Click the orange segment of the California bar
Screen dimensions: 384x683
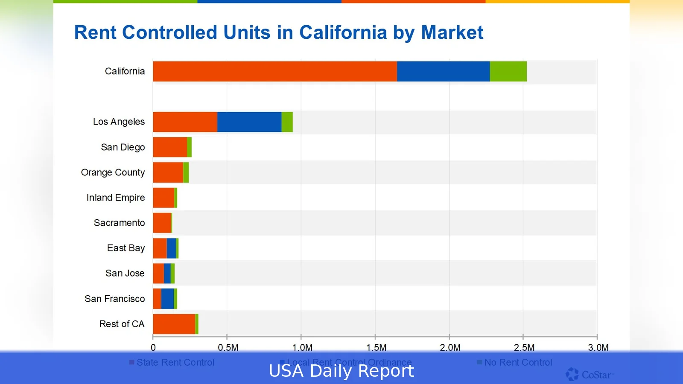point(274,71)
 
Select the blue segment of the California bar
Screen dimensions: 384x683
point(443,71)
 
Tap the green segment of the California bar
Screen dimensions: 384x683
point(508,71)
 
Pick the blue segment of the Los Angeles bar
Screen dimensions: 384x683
point(249,122)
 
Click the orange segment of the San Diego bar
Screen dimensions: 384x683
point(169,147)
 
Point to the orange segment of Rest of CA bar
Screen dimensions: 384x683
point(174,324)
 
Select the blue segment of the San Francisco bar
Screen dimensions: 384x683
point(167,299)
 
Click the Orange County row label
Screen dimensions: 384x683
point(113,172)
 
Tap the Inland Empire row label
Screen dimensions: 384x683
point(115,198)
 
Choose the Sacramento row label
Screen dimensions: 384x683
point(119,223)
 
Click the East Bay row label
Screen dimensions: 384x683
point(126,248)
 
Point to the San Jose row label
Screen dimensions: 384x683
point(125,273)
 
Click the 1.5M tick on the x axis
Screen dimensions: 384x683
point(376,347)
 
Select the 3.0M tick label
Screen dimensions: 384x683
point(598,347)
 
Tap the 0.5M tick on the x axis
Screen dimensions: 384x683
point(228,347)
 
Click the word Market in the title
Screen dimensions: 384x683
point(452,32)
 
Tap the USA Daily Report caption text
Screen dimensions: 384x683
point(341,371)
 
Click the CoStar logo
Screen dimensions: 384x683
point(589,375)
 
